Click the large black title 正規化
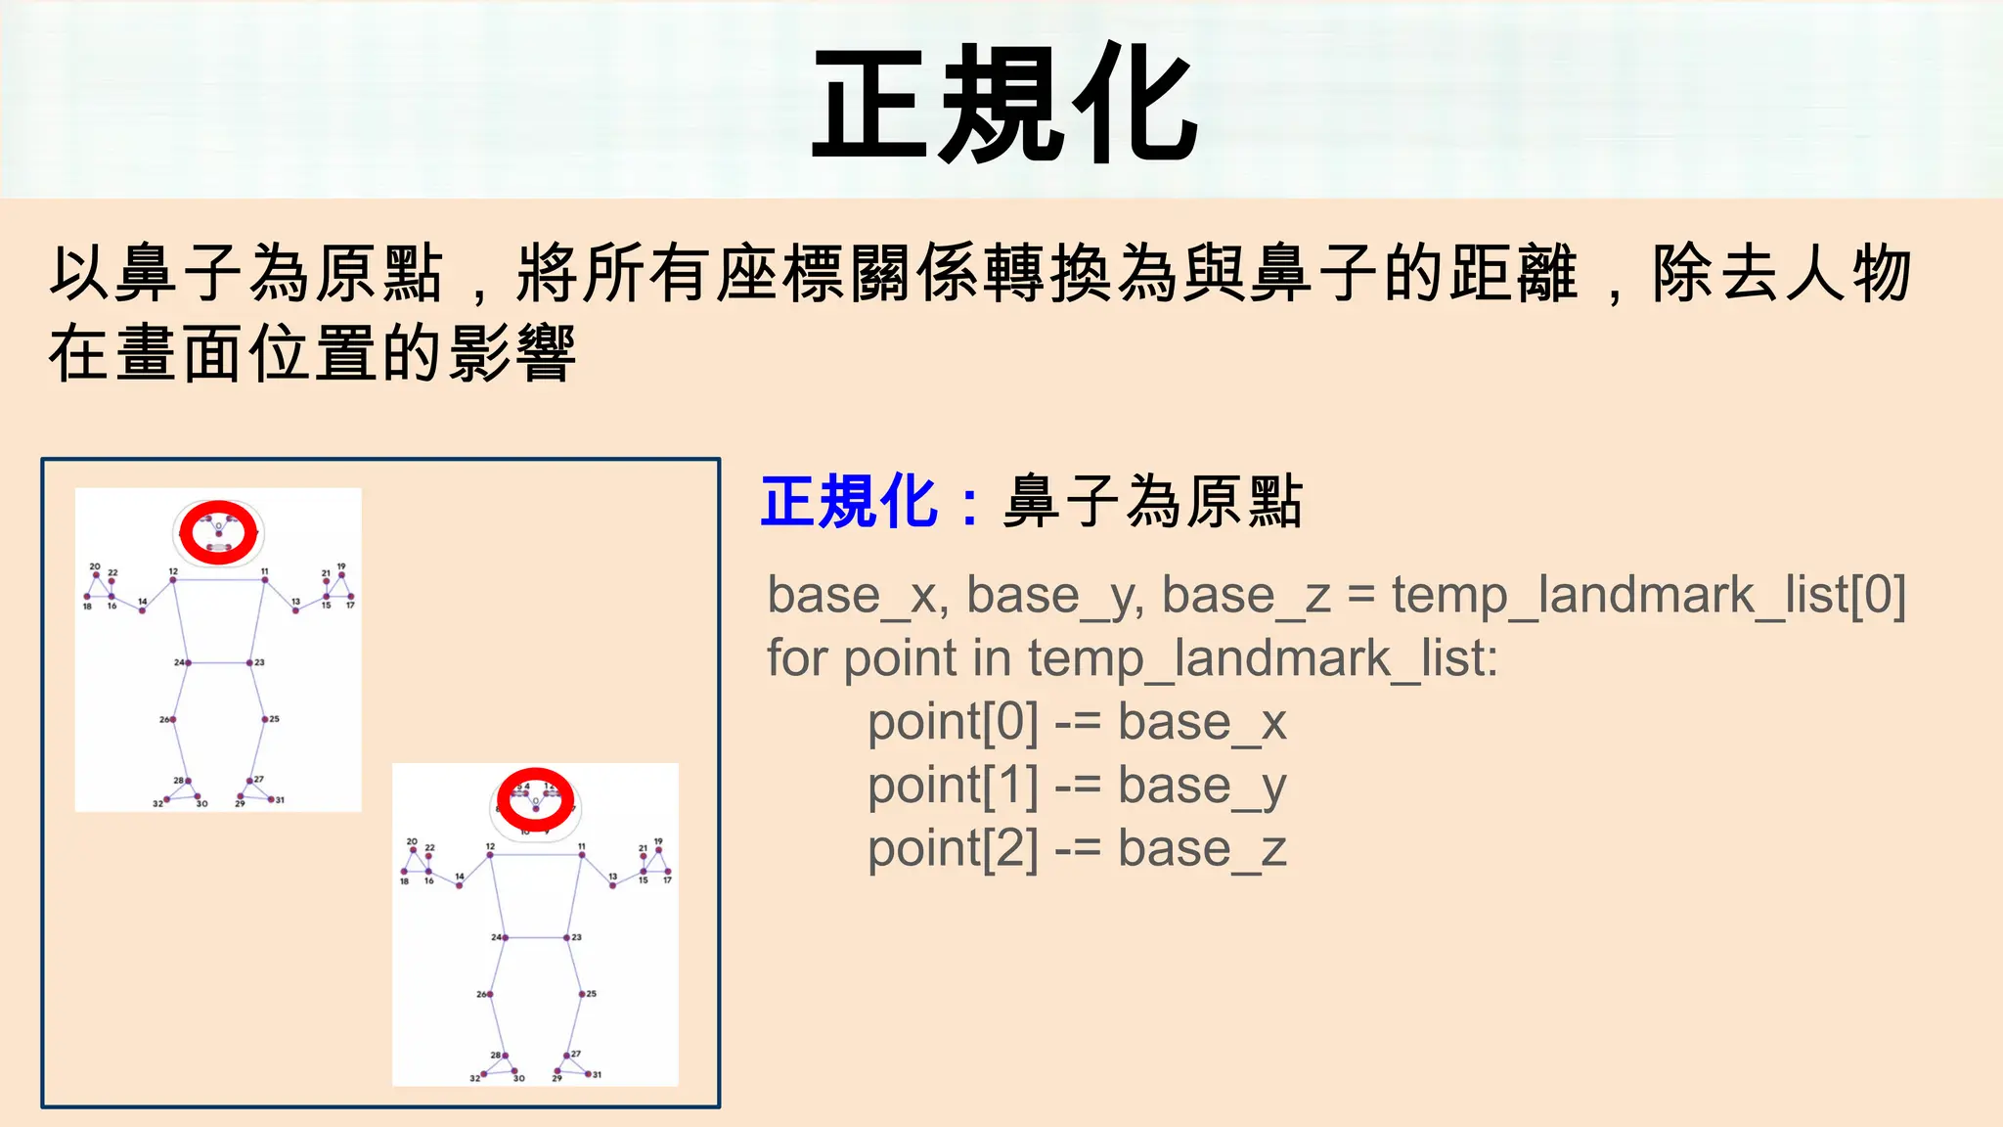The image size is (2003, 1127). coord(1005,104)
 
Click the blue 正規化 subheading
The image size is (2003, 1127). coord(848,503)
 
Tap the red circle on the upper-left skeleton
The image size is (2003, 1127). coord(218,532)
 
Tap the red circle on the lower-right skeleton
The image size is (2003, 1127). coord(535,798)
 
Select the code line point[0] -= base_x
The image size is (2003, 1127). coord(1076,723)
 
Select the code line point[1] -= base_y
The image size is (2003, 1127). coord(1076,787)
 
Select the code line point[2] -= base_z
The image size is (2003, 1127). coord(1076,849)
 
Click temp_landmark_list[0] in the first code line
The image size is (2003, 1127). coord(1649,596)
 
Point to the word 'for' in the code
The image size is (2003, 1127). coord(797,658)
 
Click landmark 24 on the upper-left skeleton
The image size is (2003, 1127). coord(188,663)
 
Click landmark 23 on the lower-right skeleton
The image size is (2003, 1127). coord(566,937)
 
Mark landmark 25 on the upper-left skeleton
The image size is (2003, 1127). coord(264,719)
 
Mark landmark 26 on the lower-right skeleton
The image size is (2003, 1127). coord(490,994)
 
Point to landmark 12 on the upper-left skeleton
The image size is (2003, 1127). coord(173,580)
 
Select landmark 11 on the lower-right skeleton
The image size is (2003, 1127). coord(582,855)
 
